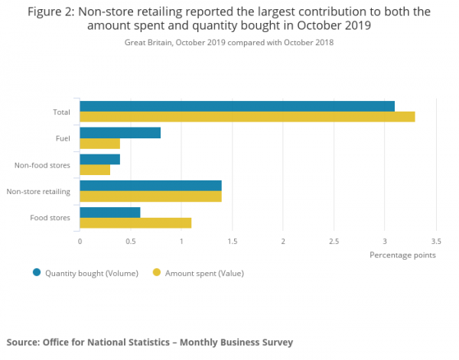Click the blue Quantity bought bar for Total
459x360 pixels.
(237, 106)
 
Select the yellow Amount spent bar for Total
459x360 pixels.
(247, 117)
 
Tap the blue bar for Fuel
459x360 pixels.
(120, 133)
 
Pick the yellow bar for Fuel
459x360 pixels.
(99, 144)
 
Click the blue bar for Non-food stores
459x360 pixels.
(99, 159)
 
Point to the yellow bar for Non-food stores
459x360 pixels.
(95, 170)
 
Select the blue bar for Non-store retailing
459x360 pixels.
(151, 186)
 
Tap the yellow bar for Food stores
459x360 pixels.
(135, 222)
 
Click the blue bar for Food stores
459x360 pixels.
(110, 212)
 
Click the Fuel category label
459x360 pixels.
(63, 138)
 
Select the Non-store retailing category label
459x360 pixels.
(38, 191)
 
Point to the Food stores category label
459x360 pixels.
(50, 218)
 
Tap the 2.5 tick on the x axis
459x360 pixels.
(334, 241)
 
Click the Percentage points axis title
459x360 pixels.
(402, 255)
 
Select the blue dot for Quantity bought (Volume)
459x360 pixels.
(36, 272)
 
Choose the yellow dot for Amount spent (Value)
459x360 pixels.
(157, 272)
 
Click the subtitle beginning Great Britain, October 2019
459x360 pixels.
(229, 43)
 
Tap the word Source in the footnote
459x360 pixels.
(23, 342)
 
